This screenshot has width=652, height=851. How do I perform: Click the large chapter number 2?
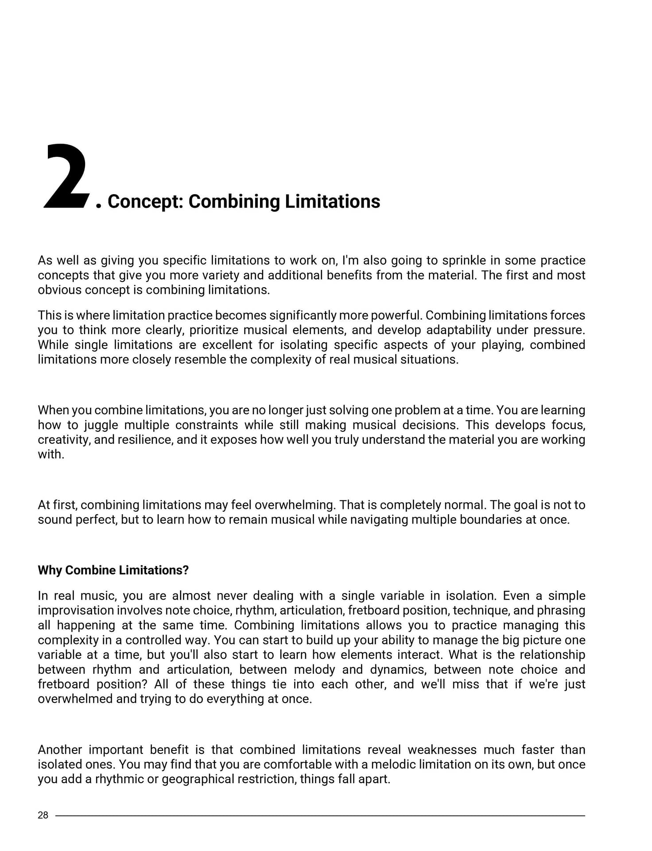click(66, 176)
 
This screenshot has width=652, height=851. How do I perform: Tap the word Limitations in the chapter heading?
click(332, 202)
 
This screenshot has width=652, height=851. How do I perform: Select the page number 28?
click(43, 815)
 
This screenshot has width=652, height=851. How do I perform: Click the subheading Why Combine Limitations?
click(113, 570)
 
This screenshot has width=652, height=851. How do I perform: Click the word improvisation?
click(75, 610)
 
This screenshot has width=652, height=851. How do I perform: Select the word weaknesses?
click(442, 750)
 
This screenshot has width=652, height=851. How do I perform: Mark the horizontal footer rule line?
click(319, 816)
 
